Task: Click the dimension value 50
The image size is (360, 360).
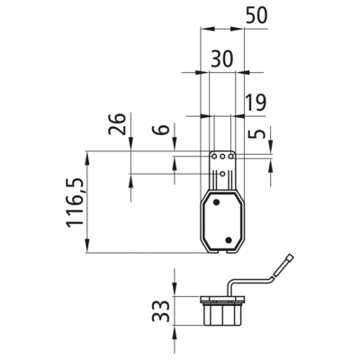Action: click(x=256, y=16)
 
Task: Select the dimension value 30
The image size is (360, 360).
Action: click(x=222, y=58)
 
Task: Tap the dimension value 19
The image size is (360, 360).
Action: click(x=256, y=103)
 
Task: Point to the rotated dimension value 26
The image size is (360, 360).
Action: click(x=117, y=124)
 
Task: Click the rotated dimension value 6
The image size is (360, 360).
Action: click(x=161, y=130)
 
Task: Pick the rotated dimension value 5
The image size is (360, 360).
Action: click(x=257, y=134)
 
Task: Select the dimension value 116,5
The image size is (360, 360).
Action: click(x=75, y=202)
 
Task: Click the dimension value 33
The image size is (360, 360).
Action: click(x=160, y=310)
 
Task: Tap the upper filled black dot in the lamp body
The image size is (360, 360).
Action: click(x=216, y=202)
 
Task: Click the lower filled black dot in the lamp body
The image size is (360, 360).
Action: click(x=229, y=239)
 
